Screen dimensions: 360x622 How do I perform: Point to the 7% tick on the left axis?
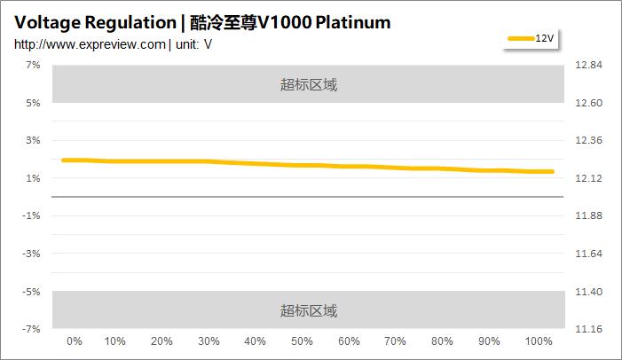click(x=33, y=66)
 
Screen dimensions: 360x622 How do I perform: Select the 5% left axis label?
click(x=33, y=103)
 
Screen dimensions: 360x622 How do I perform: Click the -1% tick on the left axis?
click(x=32, y=215)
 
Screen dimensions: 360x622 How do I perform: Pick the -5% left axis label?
click(x=32, y=291)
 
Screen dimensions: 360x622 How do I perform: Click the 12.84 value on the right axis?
click(x=589, y=66)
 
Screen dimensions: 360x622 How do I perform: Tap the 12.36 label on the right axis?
click(x=589, y=141)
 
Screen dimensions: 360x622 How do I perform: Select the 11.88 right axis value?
click(x=589, y=215)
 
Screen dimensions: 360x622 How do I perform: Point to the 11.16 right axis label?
click(x=589, y=329)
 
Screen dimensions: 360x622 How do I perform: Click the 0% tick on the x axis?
click(x=75, y=341)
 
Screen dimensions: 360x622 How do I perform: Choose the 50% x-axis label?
click(x=302, y=341)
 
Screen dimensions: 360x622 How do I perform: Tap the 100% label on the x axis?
click(x=539, y=341)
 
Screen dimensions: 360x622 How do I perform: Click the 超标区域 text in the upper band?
click(x=309, y=85)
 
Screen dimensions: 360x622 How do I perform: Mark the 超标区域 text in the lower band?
click(x=309, y=310)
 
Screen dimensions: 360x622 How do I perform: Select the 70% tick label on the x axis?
click(x=396, y=341)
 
